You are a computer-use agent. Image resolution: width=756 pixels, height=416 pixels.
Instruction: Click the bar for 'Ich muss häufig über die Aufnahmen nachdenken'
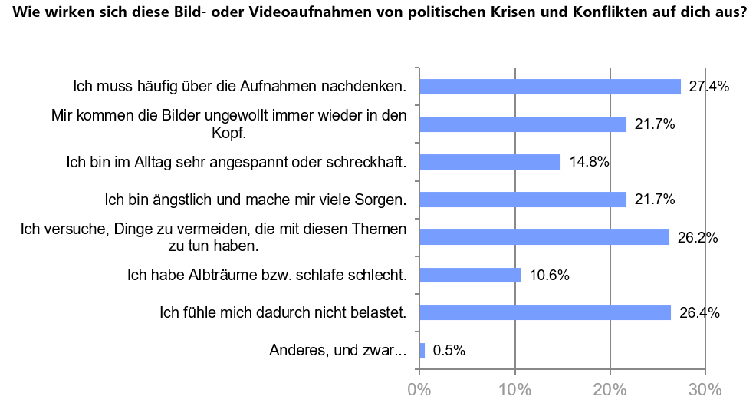pos(550,87)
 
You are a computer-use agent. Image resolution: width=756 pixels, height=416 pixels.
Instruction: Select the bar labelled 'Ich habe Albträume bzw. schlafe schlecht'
pos(470,275)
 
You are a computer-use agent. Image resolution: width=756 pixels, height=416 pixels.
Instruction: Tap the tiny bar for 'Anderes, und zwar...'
pos(422,351)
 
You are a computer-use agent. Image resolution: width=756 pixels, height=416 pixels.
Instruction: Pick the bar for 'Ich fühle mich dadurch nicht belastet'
pos(545,312)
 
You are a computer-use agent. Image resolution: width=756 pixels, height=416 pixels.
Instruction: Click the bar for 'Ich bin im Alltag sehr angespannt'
pos(490,162)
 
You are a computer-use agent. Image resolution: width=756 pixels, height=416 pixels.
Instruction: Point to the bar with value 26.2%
pos(544,237)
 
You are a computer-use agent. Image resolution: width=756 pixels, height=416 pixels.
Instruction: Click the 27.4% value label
pos(708,87)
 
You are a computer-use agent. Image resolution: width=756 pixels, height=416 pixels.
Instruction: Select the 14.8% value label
pos(588,162)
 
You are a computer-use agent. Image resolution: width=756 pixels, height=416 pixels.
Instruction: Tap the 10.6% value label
pos(548,275)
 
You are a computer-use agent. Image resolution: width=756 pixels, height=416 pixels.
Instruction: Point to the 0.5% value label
pos(449,351)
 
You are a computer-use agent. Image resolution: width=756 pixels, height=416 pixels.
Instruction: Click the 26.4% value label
pos(698,312)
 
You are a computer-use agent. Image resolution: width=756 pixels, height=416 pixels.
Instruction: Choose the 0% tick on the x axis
pos(419,389)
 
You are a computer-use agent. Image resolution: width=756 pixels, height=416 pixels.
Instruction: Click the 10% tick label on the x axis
pos(514,389)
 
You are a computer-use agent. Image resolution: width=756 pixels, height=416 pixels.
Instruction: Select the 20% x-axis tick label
pos(610,389)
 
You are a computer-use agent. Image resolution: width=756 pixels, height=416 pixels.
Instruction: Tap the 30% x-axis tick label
pos(705,389)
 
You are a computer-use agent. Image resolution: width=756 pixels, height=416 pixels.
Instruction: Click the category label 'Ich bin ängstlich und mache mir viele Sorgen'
pos(255,200)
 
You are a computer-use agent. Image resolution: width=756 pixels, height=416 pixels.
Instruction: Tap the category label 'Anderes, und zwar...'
pos(338,351)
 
